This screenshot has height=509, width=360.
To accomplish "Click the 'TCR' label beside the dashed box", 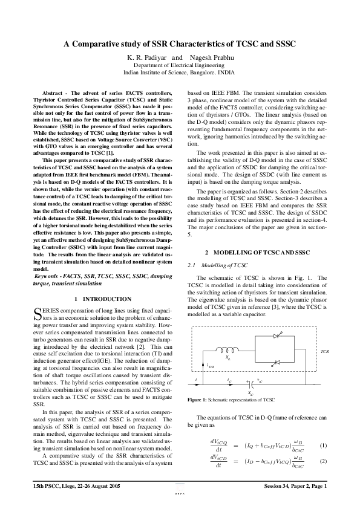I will tap(324, 350).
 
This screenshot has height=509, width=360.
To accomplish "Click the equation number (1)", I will tap(323, 447).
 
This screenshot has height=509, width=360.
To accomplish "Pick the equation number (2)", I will tap(323, 462).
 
